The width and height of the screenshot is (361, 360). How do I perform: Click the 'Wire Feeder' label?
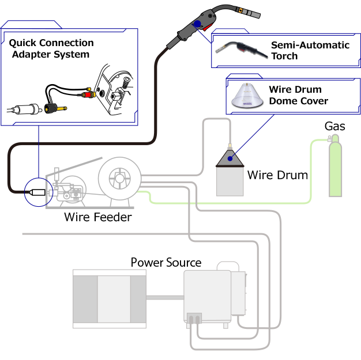click(x=97, y=217)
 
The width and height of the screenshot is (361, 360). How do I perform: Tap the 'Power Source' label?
click(x=166, y=263)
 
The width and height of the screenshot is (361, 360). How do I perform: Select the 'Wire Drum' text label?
click(x=277, y=175)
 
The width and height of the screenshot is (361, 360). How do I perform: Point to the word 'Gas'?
click(x=335, y=126)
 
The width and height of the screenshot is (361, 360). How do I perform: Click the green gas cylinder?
click(x=334, y=169)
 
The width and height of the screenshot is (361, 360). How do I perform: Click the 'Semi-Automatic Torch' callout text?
click(x=310, y=51)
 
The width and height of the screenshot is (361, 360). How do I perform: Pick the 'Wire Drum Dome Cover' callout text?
click(x=298, y=96)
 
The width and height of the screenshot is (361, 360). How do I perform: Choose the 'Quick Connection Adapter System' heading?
click(x=51, y=49)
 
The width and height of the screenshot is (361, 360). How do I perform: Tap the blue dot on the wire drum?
click(x=230, y=158)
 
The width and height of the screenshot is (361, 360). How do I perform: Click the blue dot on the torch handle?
click(x=198, y=24)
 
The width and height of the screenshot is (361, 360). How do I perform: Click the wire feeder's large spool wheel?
click(x=119, y=177)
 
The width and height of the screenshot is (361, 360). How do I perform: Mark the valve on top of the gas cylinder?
click(x=330, y=138)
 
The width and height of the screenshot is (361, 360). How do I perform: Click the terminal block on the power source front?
click(x=194, y=319)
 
